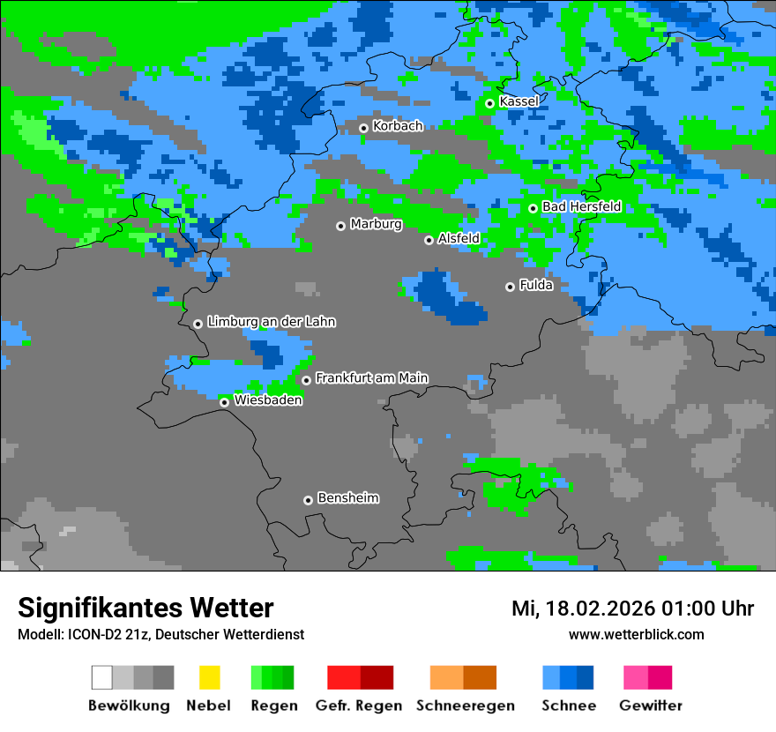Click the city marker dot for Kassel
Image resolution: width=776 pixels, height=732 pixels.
pos(489,104)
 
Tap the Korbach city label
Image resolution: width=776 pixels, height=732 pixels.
pos(398,126)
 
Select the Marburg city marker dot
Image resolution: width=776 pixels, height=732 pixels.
pos(340,227)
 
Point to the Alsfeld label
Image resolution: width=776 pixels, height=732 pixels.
pos(459,239)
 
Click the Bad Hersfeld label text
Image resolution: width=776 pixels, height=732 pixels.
pos(581,207)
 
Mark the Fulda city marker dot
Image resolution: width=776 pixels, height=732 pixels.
pos(510,287)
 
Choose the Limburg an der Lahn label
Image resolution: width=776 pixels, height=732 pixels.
pos(271,323)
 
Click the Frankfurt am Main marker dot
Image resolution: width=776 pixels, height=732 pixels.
pos(306,380)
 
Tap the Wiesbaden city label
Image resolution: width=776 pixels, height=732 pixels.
pos(268,400)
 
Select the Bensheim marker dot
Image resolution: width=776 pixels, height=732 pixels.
pos(308,500)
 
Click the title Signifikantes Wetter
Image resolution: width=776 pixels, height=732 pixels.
pos(145,609)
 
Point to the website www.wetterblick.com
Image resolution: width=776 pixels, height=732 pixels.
pos(636,635)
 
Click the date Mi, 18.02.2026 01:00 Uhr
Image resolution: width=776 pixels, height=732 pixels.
pos(632,609)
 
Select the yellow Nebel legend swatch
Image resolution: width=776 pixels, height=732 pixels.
pos(209,677)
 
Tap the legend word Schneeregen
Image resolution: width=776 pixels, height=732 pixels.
pos(466,706)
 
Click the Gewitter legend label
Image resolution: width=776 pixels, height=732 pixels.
pos(651,706)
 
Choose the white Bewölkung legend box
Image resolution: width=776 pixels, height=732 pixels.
pos(102,677)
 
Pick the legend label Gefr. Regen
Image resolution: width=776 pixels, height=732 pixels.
pos(359,706)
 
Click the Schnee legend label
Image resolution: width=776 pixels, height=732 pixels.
pos(568,706)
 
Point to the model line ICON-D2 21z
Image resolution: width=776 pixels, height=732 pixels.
pos(160,635)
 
